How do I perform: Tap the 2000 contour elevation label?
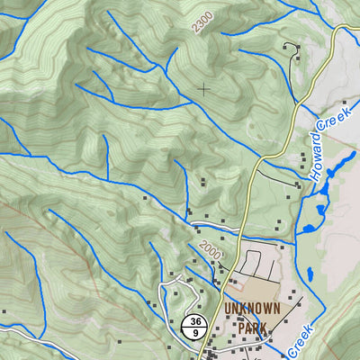pos(210,248)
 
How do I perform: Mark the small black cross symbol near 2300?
pos(204,88)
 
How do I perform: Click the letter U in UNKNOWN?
pos(227,309)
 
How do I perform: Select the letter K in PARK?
pos(264,328)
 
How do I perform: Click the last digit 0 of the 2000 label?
pos(218,255)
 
